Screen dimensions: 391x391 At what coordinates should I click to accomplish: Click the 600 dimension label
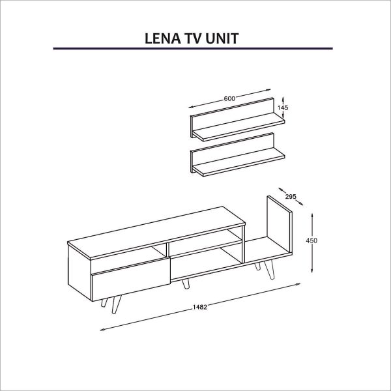coord(229,99)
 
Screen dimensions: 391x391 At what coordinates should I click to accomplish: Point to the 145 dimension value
coord(283,108)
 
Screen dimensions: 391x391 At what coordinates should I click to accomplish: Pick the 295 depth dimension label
coord(291,197)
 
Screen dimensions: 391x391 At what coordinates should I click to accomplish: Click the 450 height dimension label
coord(311,240)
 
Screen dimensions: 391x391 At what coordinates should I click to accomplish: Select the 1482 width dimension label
coord(200,307)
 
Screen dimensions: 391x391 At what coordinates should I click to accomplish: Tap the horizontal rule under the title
coord(193,48)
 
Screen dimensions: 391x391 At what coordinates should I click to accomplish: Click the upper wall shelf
coord(238,120)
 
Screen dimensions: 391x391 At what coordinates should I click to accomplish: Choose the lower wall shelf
coord(238,155)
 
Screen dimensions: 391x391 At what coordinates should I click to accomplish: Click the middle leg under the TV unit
coord(185,284)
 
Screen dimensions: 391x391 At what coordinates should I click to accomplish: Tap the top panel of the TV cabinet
coord(156,231)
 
